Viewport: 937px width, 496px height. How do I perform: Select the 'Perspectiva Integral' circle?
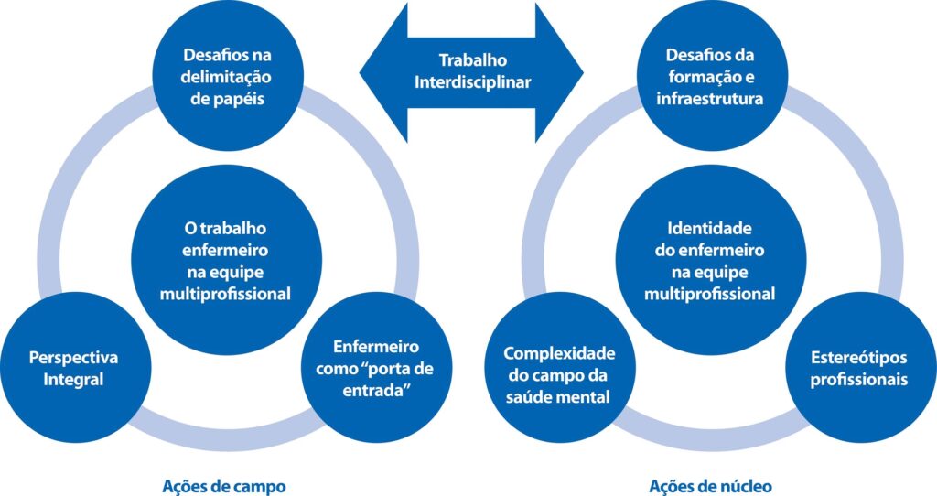73,367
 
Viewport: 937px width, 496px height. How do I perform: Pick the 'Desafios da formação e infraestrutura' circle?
709,76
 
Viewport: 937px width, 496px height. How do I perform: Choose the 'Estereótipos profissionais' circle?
859,367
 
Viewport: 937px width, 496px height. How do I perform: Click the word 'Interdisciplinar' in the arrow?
472,81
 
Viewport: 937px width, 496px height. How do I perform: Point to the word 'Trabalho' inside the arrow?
472,60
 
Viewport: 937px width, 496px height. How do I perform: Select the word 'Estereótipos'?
859,357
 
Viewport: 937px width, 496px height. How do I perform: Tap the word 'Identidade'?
709,227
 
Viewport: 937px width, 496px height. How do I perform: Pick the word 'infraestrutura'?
709,98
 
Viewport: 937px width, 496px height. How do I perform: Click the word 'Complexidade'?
559,353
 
